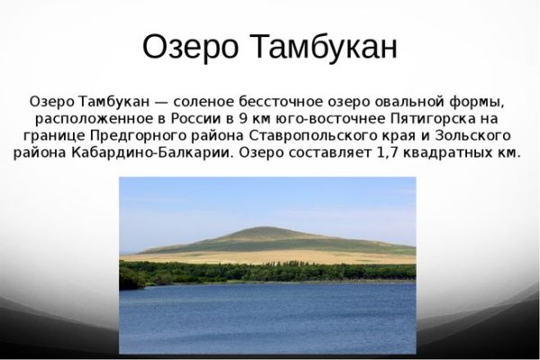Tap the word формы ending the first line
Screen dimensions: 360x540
point(482,100)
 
